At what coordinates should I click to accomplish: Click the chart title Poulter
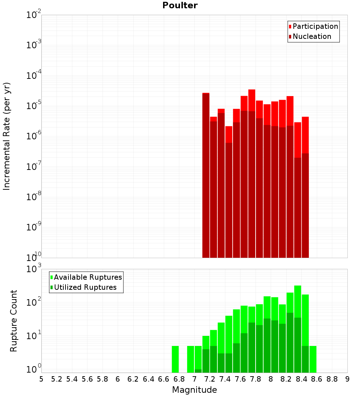[x=180, y=5]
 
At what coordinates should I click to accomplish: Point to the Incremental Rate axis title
[x=6, y=136]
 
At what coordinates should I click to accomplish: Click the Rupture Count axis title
[x=14, y=321]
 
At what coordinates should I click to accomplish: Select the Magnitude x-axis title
[x=194, y=390]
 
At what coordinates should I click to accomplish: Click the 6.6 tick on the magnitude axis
[x=164, y=379]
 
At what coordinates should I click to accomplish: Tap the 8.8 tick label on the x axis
[x=332, y=379]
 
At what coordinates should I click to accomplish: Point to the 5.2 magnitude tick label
[x=57, y=379]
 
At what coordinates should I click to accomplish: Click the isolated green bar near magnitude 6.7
[x=175, y=359]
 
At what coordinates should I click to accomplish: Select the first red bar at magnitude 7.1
[x=206, y=173]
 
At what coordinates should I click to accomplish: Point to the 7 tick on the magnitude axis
[x=194, y=379]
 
